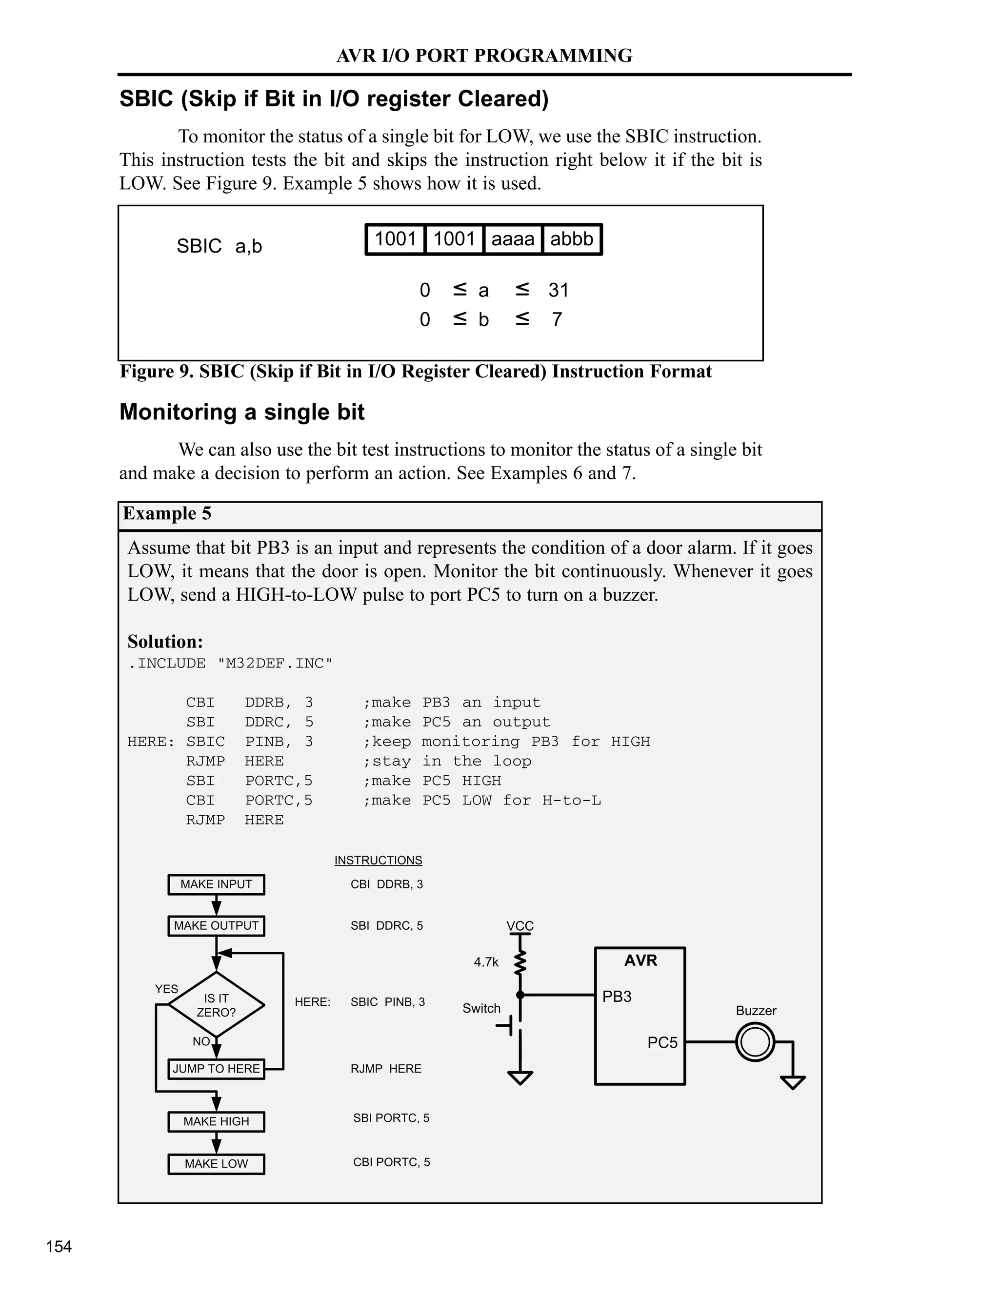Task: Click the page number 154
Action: (x=59, y=1247)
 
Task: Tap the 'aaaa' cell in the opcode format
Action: (x=513, y=239)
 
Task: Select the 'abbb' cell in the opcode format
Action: (x=571, y=239)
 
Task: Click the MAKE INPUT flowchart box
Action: (x=216, y=884)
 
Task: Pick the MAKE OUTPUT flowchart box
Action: (x=216, y=926)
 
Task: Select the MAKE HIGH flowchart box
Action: (x=216, y=1122)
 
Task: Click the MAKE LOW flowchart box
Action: (x=216, y=1164)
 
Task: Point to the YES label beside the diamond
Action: (x=166, y=989)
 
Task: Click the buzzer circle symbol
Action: (x=755, y=1042)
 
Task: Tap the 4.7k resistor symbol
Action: (x=520, y=962)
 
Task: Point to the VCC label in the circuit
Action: (x=520, y=926)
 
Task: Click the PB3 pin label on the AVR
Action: (x=617, y=997)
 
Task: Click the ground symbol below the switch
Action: (x=520, y=1078)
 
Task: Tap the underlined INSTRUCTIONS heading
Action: (x=378, y=860)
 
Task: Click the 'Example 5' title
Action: (x=167, y=513)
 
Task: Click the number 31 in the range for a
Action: (x=558, y=290)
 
